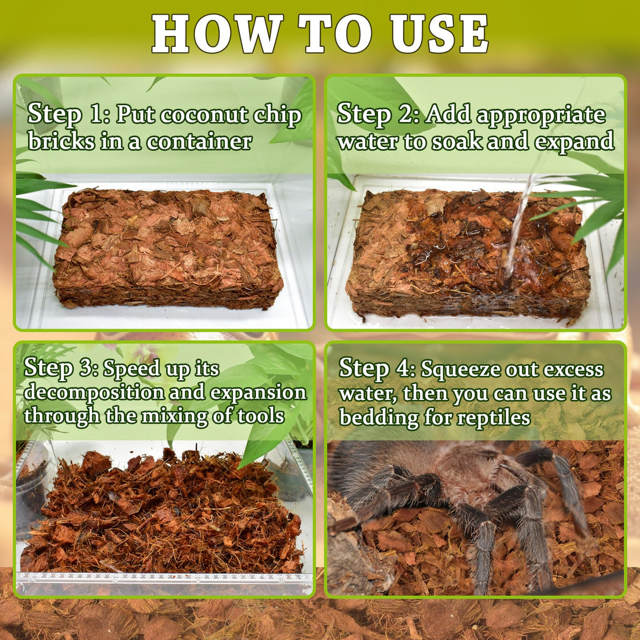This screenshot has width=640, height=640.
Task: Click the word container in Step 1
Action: (199, 142)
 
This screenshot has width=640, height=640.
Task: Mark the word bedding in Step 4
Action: (379, 418)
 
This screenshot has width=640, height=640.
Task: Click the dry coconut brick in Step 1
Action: (168, 247)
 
